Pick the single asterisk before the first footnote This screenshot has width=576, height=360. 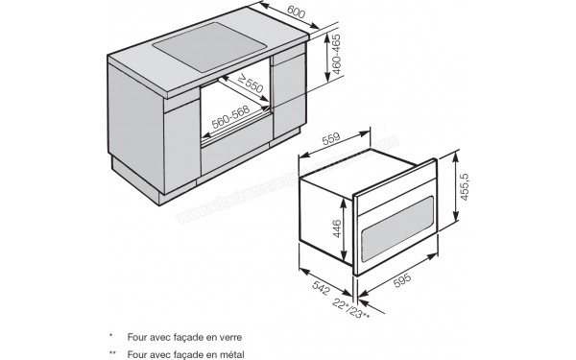112,336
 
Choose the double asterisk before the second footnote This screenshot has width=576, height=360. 114,354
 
